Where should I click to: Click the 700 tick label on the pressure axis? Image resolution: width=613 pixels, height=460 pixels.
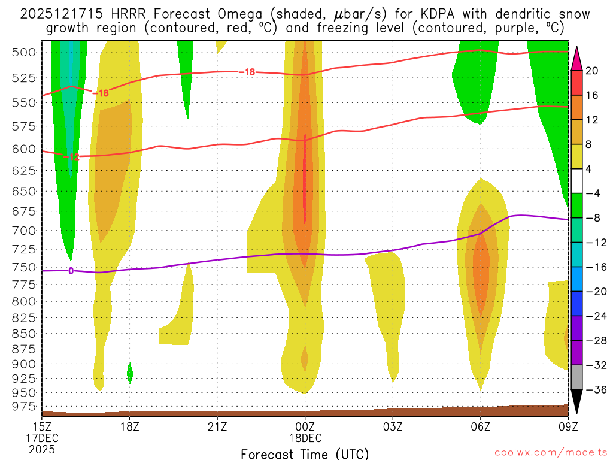click(x=23, y=231)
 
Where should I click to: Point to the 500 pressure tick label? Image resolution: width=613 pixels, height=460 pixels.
click(x=23, y=52)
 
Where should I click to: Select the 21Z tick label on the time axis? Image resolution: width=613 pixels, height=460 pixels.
click(x=217, y=426)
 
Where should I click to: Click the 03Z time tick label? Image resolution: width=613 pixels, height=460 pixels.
click(x=393, y=426)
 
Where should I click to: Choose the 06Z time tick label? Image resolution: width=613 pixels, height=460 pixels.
click(x=481, y=426)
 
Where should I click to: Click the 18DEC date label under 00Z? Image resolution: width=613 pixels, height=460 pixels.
click(x=305, y=437)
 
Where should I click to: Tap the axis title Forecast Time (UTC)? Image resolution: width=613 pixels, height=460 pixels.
click(x=305, y=453)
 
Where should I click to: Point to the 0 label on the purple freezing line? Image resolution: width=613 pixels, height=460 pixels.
click(x=71, y=271)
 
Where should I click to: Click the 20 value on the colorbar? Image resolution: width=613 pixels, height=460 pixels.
click(x=592, y=71)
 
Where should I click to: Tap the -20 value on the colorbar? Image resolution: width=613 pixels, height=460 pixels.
click(x=592, y=292)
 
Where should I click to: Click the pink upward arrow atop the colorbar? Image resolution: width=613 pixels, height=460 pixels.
click(x=577, y=57)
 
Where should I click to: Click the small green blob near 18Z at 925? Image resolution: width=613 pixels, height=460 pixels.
click(x=130, y=373)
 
